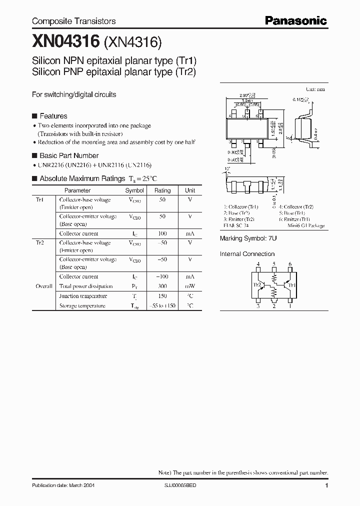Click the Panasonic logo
[295, 21]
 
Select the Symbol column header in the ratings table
[134, 190]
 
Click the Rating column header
[162, 190]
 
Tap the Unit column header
[190, 190]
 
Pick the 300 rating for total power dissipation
[162, 286]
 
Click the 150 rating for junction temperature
[162, 296]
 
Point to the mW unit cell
[190, 286]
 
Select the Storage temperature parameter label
[82, 305]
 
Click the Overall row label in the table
[44, 286]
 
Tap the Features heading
[53, 116]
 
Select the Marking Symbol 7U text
[248, 238]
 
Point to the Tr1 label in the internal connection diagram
[292, 285]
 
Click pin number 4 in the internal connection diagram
[258, 264]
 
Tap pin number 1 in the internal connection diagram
[290, 306]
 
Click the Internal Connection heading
[247, 254]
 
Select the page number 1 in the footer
[326, 485]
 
